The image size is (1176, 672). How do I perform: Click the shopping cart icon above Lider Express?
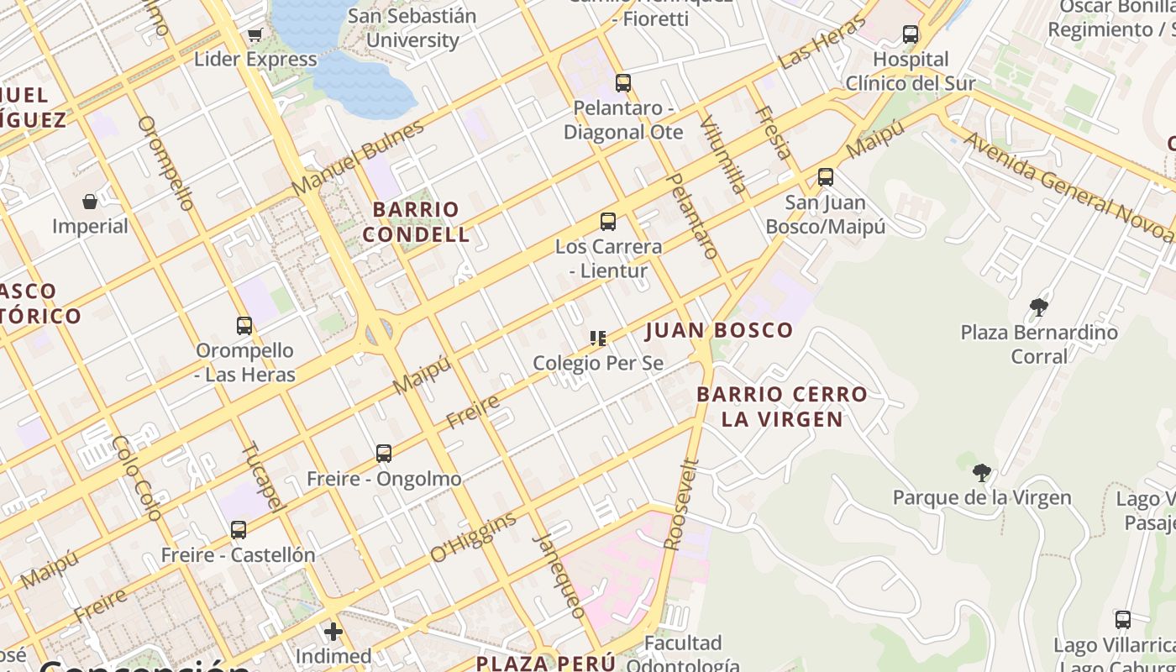pyautogui.click(x=255, y=34)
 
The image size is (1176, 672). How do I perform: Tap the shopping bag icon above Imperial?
pyautogui.click(x=90, y=202)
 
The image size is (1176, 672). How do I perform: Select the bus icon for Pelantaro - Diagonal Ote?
pyautogui.click(x=622, y=83)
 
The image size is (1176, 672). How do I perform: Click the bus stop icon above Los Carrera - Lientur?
pyautogui.click(x=607, y=222)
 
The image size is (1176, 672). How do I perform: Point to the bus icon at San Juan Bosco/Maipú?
pyautogui.click(x=825, y=177)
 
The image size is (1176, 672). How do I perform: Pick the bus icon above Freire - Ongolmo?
pyautogui.click(x=384, y=454)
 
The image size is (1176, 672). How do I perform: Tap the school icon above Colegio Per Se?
pyautogui.click(x=598, y=339)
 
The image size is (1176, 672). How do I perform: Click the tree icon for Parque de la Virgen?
pyautogui.click(x=981, y=473)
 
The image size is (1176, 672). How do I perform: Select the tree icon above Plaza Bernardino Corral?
pyautogui.click(x=1039, y=307)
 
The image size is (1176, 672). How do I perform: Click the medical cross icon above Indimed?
pyautogui.click(x=333, y=632)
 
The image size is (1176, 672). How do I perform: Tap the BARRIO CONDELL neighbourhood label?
pyautogui.click(x=416, y=222)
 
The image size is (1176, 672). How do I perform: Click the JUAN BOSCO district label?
pyautogui.click(x=719, y=330)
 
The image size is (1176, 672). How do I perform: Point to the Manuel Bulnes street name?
pyautogui.click(x=359, y=160)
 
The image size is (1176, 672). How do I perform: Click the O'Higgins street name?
pyautogui.click(x=473, y=537)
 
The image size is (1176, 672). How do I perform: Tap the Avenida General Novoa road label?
pyautogui.click(x=1067, y=186)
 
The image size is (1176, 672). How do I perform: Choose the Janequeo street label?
pyautogui.click(x=559, y=575)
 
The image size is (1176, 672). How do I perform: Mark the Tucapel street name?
pyautogui.click(x=261, y=475)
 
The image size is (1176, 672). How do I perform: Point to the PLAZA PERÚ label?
pyautogui.click(x=546, y=663)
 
